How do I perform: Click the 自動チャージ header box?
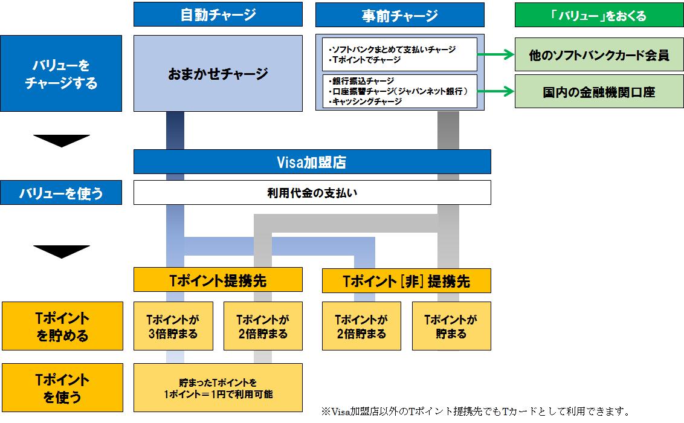pos(218,15)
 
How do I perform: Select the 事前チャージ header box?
pos(399,15)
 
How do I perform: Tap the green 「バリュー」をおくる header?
pos(599,15)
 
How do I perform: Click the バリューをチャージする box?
pos(61,73)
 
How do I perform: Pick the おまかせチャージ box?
pos(218,73)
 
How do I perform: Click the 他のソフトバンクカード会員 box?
pos(599,54)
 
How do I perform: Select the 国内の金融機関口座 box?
pos(599,91)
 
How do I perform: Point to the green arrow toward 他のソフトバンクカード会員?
pos(496,54)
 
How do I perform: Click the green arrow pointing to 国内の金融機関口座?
pos(496,91)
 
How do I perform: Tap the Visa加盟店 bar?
pos(312,162)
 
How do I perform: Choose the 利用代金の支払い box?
pos(312,192)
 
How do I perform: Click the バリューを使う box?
pos(61,192)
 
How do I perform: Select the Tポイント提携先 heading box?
pos(218,280)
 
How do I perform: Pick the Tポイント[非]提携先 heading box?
pos(406,280)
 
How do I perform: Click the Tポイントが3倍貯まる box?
pos(173,326)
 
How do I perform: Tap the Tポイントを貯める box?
pos(62,326)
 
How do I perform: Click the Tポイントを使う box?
pos(62,388)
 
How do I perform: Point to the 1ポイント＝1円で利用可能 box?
pos(218,388)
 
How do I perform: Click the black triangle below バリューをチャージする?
pos(62,141)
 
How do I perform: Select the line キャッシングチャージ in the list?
pos(366,102)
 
